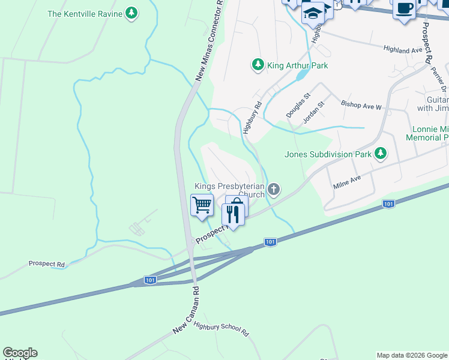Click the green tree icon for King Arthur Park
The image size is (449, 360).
[x=258, y=64]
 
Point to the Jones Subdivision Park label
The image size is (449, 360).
[x=328, y=154]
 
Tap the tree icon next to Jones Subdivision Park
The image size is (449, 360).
[x=380, y=154]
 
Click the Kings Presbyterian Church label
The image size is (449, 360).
[x=229, y=190]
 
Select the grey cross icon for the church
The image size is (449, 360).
[x=274, y=190]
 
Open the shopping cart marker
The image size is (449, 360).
[x=202, y=205]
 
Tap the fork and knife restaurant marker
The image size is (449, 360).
[x=234, y=214]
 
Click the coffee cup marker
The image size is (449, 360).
[x=405, y=8]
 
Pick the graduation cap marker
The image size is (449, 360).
[x=313, y=12]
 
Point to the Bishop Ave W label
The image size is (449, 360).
[x=361, y=106]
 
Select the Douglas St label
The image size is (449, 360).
[x=298, y=104]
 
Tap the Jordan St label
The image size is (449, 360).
[x=313, y=112]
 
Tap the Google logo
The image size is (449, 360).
[x=20, y=353]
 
